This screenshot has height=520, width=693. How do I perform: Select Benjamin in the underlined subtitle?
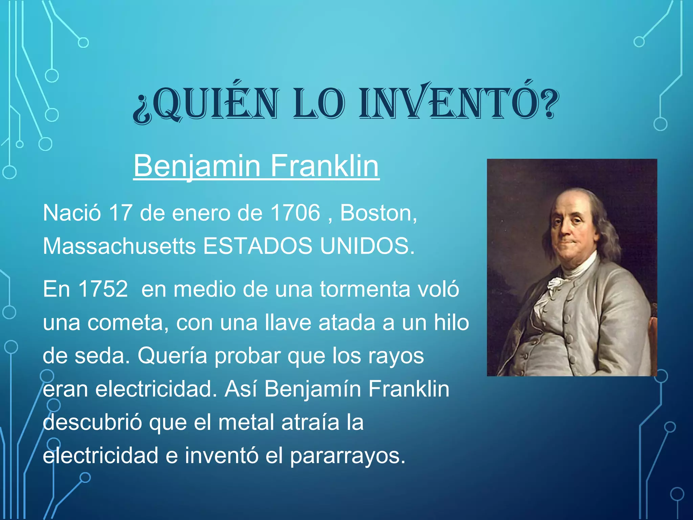point(197,166)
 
